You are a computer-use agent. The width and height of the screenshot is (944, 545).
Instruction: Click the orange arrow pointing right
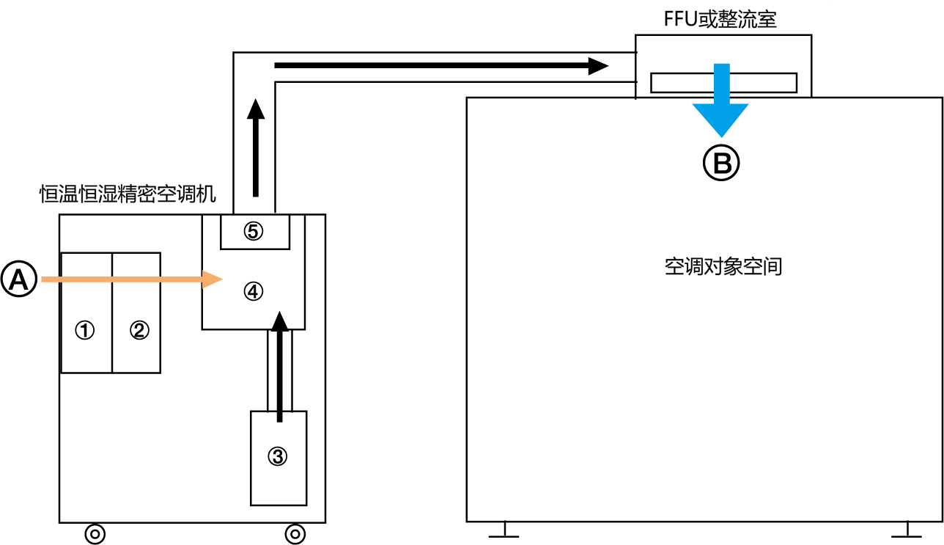(x=132, y=279)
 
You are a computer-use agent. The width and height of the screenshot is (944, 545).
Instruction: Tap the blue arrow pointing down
(x=721, y=103)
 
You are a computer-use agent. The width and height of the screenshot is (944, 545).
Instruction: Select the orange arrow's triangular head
(x=211, y=279)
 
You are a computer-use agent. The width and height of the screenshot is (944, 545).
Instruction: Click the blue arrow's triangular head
(x=721, y=117)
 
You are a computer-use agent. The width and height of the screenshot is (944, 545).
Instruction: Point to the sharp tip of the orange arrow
(x=223, y=279)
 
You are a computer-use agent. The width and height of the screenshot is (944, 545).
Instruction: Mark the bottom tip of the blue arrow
(x=721, y=137)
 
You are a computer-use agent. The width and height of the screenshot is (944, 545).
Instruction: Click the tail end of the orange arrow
(x=43, y=279)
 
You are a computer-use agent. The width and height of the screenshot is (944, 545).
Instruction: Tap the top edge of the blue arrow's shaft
(x=721, y=64)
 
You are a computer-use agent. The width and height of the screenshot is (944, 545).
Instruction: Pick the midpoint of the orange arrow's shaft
(x=122, y=279)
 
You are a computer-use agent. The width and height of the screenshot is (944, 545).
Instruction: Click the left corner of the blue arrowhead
(x=693, y=104)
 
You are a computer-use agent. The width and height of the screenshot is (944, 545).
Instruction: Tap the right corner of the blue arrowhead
(x=748, y=104)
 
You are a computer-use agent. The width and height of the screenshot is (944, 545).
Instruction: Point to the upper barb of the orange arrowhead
(x=203, y=271)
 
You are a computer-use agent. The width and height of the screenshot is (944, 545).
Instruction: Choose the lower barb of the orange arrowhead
(x=203, y=288)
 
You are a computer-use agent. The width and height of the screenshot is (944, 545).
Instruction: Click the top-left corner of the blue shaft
(x=715, y=64)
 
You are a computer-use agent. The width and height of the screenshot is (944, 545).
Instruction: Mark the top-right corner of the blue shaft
(x=729, y=64)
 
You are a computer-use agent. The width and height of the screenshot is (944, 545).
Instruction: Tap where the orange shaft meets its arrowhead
(x=203, y=279)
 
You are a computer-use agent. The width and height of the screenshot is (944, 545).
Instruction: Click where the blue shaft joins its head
(x=721, y=104)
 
